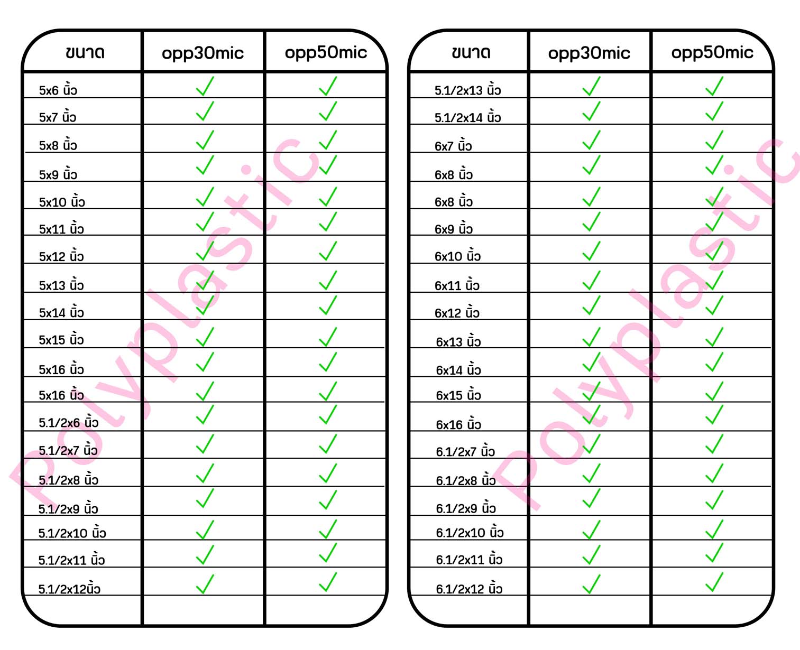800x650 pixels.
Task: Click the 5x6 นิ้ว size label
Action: (58, 90)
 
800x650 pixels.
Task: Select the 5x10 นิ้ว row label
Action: (62, 201)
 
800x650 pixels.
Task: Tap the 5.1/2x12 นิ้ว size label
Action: (69, 588)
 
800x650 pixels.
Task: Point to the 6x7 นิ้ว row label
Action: (453, 145)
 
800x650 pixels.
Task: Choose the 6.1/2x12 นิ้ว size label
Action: (469, 588)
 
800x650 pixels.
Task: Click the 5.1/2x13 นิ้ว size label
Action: (467, 90)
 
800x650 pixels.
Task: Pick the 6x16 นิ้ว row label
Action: (458, 424)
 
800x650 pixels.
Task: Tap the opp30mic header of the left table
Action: (203, 53)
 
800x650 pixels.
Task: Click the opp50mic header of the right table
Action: (712, 52)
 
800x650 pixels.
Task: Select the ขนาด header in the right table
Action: (471, 52)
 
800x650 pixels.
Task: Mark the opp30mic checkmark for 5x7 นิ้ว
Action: (205, 111)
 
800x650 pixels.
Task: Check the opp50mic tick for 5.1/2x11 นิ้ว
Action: (328, 553)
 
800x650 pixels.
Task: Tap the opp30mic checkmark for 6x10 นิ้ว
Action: (591, 251)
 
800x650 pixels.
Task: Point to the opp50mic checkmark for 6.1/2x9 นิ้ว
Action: (714, 499)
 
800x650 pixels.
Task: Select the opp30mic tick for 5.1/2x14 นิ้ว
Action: (591, 111)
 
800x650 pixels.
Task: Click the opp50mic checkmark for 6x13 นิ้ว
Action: (714, 337)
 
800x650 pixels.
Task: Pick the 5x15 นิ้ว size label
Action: (61, 339)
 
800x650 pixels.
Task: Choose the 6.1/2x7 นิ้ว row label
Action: (465, 451)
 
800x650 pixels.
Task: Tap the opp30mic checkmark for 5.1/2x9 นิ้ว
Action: (205, 498)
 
